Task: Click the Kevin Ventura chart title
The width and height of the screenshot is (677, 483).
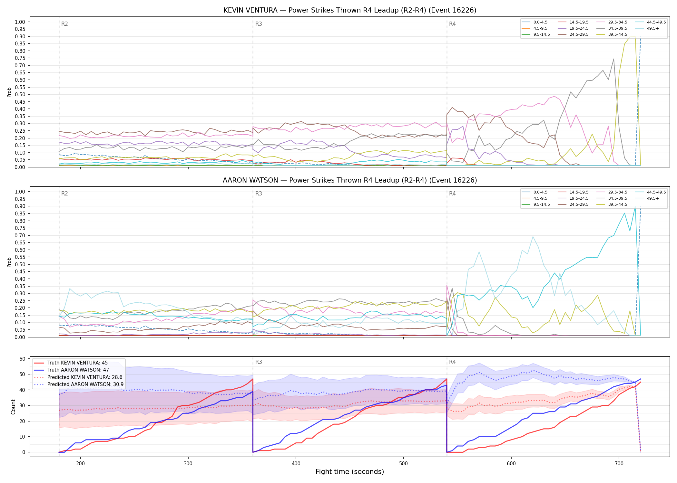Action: tap(350, 10)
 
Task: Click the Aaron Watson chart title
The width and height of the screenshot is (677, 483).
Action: tap(350, 180)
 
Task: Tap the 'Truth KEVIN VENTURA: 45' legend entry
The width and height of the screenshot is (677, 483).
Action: tap(77, 363)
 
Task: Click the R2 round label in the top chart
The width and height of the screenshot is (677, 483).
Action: tap(64, 24)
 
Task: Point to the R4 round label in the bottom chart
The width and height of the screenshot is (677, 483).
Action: tap(452, 362)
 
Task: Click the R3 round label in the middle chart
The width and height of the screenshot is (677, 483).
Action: tap(259, 194)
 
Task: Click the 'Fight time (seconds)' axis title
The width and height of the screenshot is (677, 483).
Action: tap(350, 472)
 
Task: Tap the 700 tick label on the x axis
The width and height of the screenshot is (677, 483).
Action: tap(619, 463)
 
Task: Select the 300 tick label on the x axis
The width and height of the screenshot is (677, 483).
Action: tap(188, 463)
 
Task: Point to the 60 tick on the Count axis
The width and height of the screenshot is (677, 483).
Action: tap(22, 359)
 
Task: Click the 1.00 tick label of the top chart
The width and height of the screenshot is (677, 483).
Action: tap(20, 22)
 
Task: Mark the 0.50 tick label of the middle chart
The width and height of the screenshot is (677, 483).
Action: tap(20, 264)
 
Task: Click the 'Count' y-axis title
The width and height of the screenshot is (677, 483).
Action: tap(13, 407)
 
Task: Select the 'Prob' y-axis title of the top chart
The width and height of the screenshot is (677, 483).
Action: tap(9, 92)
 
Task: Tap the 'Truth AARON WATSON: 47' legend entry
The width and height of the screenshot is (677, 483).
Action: tap(78, 370)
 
